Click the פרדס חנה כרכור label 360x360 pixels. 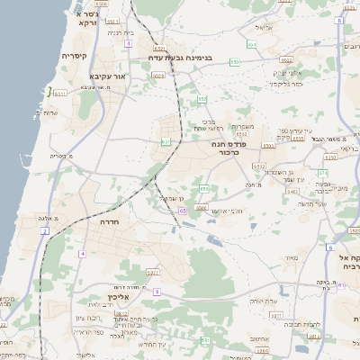click(x=229, y=148)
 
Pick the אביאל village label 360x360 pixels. click(x=263, y=28)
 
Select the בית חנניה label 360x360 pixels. click(x=120, y=32)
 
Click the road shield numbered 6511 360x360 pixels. click(x=60, y=92)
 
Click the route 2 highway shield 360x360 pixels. click(x=44, y=231)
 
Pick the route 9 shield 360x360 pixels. click(x=156, y=292)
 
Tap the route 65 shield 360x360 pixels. click(x=182, y=211)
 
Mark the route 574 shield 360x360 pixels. click(x=322, y=171)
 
